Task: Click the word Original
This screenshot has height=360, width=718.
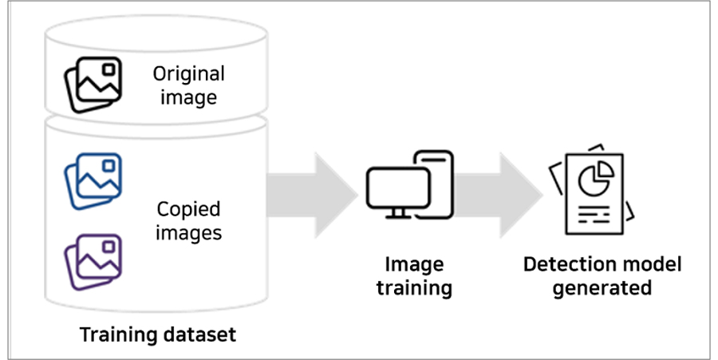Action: click(188, 74)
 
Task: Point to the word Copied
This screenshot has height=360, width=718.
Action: click(188, 210)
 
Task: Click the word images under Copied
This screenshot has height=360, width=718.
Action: click(188, 233)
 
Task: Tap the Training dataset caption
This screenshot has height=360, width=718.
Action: click(158, 334)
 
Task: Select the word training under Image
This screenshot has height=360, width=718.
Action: click(414, 287)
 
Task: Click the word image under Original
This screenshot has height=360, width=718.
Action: click(188, 98)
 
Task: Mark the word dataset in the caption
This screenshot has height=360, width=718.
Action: click(203, 334)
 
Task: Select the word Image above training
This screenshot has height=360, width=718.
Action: click(414, 264)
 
